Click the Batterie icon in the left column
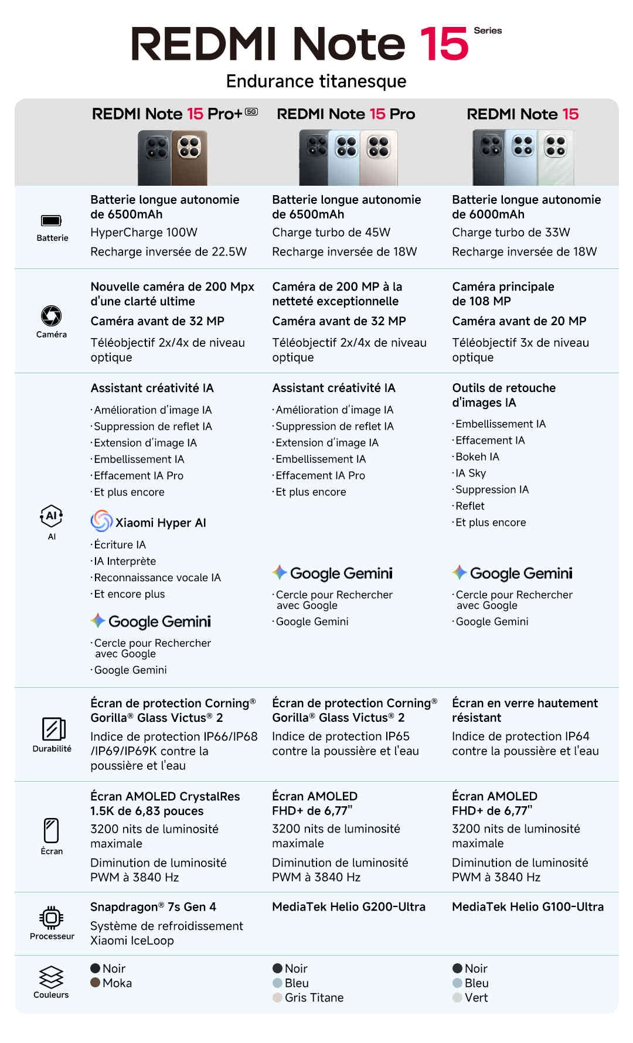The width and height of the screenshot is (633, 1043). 51,220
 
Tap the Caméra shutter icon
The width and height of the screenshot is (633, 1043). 51,316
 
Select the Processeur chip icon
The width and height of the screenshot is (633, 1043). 52,917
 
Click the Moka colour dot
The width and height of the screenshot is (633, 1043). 96,983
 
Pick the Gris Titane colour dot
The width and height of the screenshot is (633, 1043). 278,997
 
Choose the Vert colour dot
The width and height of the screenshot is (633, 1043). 458,997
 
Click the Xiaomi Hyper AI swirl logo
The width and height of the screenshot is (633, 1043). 101,521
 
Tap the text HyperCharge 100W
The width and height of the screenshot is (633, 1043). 144,233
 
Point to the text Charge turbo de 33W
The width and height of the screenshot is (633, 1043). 511,233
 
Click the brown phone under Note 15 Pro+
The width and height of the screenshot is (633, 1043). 189,157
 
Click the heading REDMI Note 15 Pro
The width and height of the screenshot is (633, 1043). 346,114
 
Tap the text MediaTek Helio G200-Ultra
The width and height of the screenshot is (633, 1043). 349,907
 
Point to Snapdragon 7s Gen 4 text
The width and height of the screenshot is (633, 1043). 153,907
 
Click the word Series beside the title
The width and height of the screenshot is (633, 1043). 488,30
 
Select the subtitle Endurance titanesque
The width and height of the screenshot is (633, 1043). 316,81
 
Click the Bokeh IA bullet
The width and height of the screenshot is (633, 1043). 477,457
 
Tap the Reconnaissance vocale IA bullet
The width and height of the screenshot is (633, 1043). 157,578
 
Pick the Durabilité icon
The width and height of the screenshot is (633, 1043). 53,729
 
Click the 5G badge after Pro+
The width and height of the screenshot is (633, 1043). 251,111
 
